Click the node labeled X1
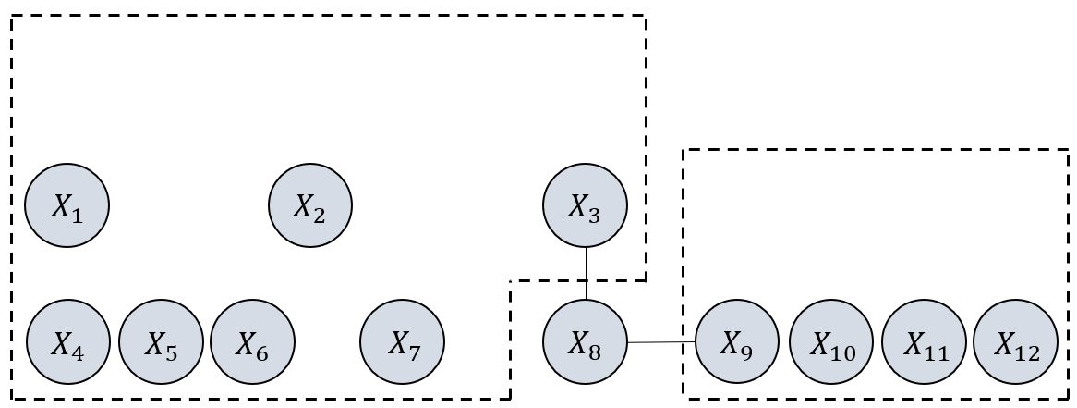coord(67,205)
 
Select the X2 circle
coord(310,205)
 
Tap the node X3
coord(586,205)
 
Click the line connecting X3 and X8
coord(586,274)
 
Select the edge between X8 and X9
coord(660,342)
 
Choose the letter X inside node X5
coord(153,343)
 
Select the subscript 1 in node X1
coord(78,216)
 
